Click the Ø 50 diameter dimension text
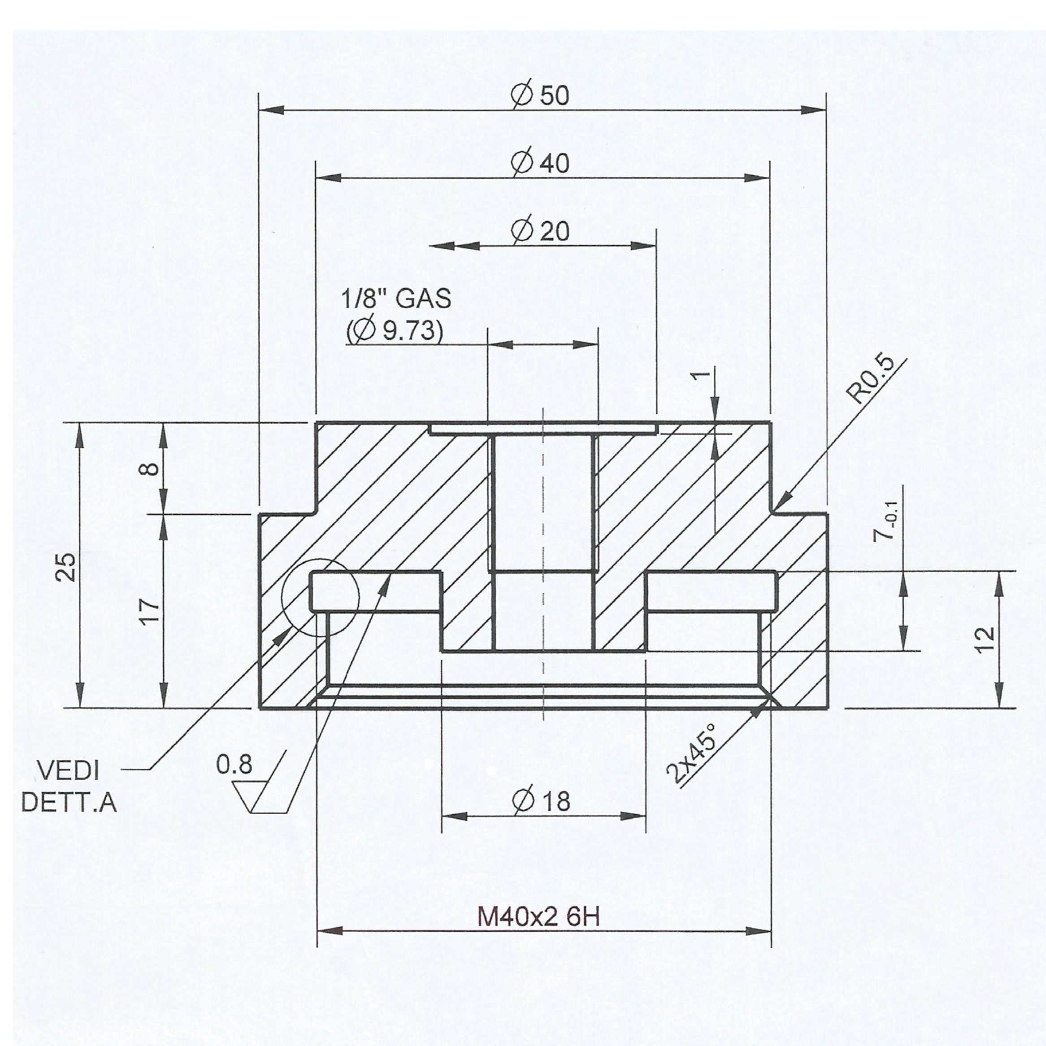tap(540, 95)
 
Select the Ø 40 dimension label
tap(540, 162)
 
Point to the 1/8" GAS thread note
tap(396, 299)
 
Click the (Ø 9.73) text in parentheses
tap(395, 330)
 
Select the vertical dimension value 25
tap(68, 566)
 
